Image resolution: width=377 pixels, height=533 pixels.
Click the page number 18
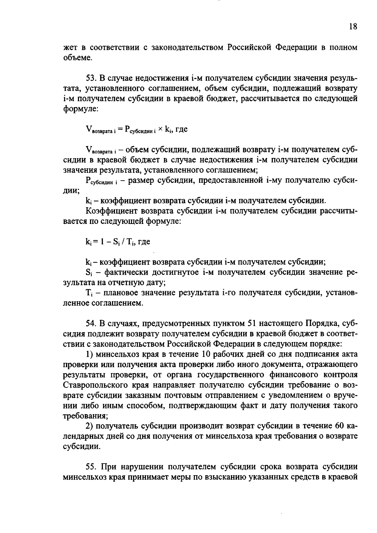[x=353, y=26]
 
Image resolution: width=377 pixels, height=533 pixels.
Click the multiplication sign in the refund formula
[x=160, y=129]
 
